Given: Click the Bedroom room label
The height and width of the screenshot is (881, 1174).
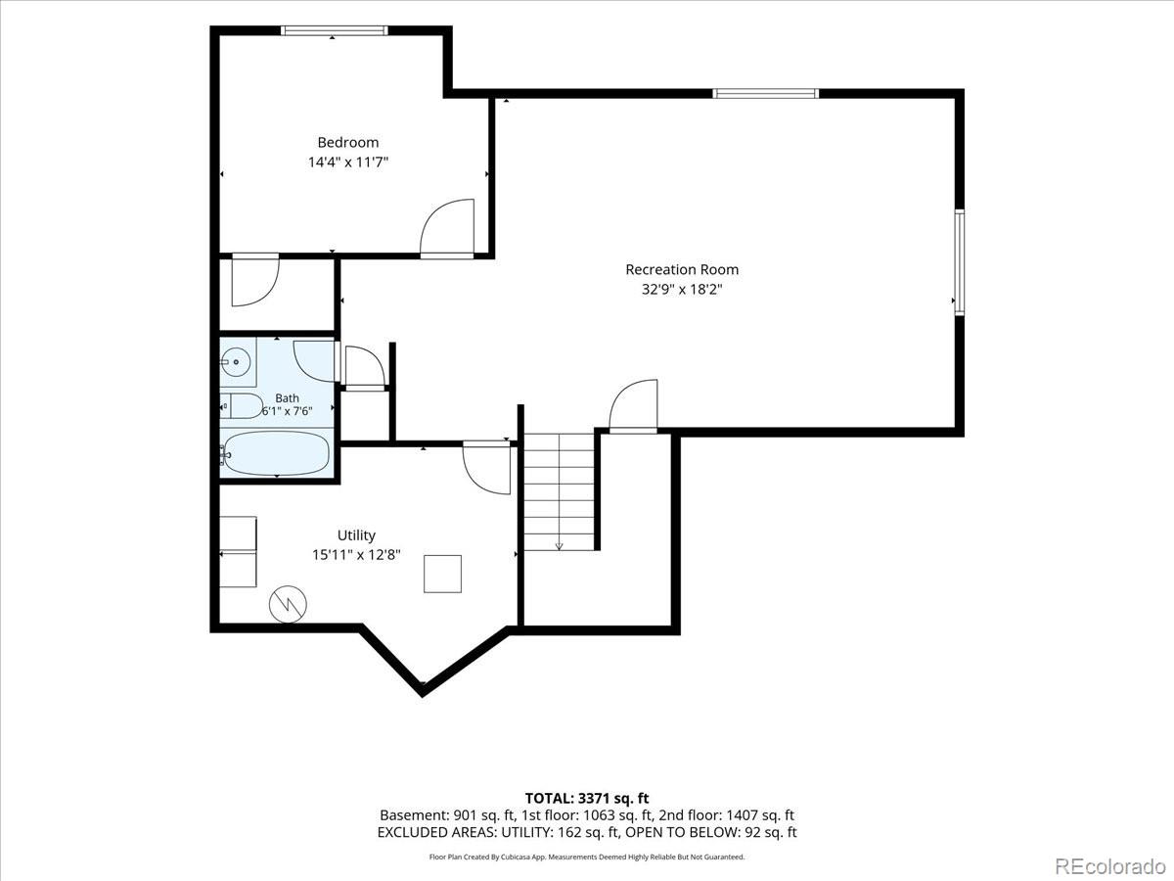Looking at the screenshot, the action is pos(347,142).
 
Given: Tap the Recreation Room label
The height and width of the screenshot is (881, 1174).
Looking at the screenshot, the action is pos(682,269).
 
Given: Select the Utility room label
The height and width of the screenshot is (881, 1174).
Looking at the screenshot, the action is pos(356,535).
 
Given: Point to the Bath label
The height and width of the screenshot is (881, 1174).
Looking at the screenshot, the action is pos(287,398).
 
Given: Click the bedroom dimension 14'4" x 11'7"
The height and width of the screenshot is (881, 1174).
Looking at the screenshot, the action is pos(347,162).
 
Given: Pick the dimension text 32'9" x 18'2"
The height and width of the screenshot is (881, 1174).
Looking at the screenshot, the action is pos(682,290).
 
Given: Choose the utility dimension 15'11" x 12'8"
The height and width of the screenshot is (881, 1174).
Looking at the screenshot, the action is pos(356,555).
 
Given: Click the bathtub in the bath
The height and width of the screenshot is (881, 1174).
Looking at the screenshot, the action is pos(275,453).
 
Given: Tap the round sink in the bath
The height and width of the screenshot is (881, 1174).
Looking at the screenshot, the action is pos(236,362).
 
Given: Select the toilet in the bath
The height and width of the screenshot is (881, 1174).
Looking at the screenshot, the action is pos(242,406).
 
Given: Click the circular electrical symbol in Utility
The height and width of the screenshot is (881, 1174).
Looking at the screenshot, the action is pos(288,604).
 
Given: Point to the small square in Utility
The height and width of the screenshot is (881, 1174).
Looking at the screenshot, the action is pos(442,574).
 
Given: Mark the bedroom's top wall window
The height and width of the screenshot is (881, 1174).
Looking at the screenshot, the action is pos(335,30).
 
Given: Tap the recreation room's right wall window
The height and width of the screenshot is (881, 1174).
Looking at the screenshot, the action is pos(960,262).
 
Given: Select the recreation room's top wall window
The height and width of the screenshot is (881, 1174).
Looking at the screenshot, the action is pos(765,94).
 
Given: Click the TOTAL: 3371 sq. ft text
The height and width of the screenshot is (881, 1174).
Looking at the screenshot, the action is pos(587,799).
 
